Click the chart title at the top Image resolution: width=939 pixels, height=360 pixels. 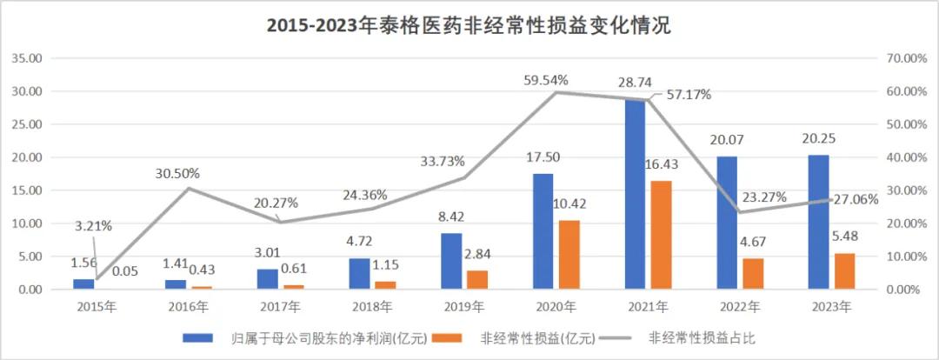469,26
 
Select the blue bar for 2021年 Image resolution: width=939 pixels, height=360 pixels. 635,196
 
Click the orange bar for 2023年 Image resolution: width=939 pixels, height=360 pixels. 844,270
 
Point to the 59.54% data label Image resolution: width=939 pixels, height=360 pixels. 546,80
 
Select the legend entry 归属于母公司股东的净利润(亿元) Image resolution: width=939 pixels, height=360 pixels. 318,338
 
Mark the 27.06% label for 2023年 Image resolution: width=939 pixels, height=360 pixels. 855,199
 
